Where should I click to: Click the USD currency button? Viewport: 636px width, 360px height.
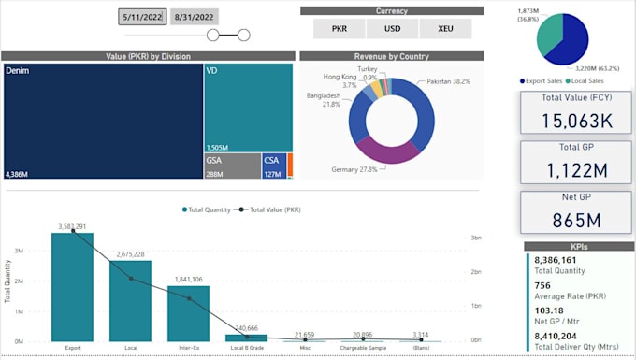point(392,29)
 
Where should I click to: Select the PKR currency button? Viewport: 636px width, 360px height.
point(340,29)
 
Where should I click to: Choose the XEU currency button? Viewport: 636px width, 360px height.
point(445,29)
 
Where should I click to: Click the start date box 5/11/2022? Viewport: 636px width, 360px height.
point(142,16)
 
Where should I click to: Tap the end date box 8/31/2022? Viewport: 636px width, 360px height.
point(195,16)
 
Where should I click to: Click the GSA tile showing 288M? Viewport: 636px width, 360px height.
point(231,166)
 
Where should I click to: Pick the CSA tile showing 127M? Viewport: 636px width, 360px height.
point(274,166)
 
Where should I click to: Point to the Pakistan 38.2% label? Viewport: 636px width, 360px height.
point(448,82)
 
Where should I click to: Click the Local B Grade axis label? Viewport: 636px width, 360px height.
point(246,347)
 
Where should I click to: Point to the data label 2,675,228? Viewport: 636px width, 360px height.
point(131,254)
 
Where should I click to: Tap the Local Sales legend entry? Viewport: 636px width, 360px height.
point(588,81)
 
